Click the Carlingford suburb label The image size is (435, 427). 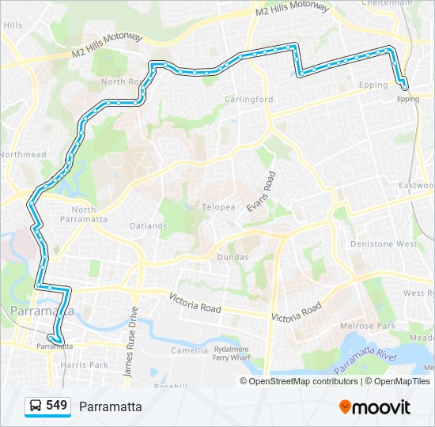coord(248,99)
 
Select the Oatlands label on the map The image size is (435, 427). coord(148,225)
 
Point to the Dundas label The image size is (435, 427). coord(233,257)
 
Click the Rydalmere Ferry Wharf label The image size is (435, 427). coord(232,353)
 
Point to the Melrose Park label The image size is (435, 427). coord(367,326)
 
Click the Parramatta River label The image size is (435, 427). coord(365,360)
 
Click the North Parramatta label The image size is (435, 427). coord(78,214)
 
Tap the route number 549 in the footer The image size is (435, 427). coord(56,406)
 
